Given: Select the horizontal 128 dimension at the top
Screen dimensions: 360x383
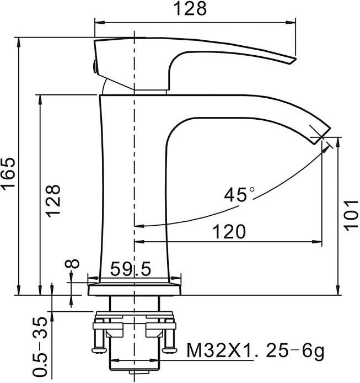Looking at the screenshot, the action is pos(190,8).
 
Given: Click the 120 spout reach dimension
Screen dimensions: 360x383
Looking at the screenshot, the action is pos(229,231).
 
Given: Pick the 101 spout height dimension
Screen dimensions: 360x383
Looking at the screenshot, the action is pos(351,215).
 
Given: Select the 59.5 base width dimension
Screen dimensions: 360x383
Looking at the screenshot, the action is pos(131,269).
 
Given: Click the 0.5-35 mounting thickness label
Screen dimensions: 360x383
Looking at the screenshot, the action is pos(40,347).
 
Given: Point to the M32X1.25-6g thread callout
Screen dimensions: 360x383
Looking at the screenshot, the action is pos(255,351).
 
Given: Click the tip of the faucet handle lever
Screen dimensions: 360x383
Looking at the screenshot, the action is pos(294,60).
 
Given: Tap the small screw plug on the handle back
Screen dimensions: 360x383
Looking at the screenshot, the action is pos(94,66).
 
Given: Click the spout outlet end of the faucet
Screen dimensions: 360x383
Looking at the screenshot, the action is pos(322,136).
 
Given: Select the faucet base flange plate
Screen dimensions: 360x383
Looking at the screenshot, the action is pos(135,289).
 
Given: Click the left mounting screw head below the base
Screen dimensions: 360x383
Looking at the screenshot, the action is pos(99,350).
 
